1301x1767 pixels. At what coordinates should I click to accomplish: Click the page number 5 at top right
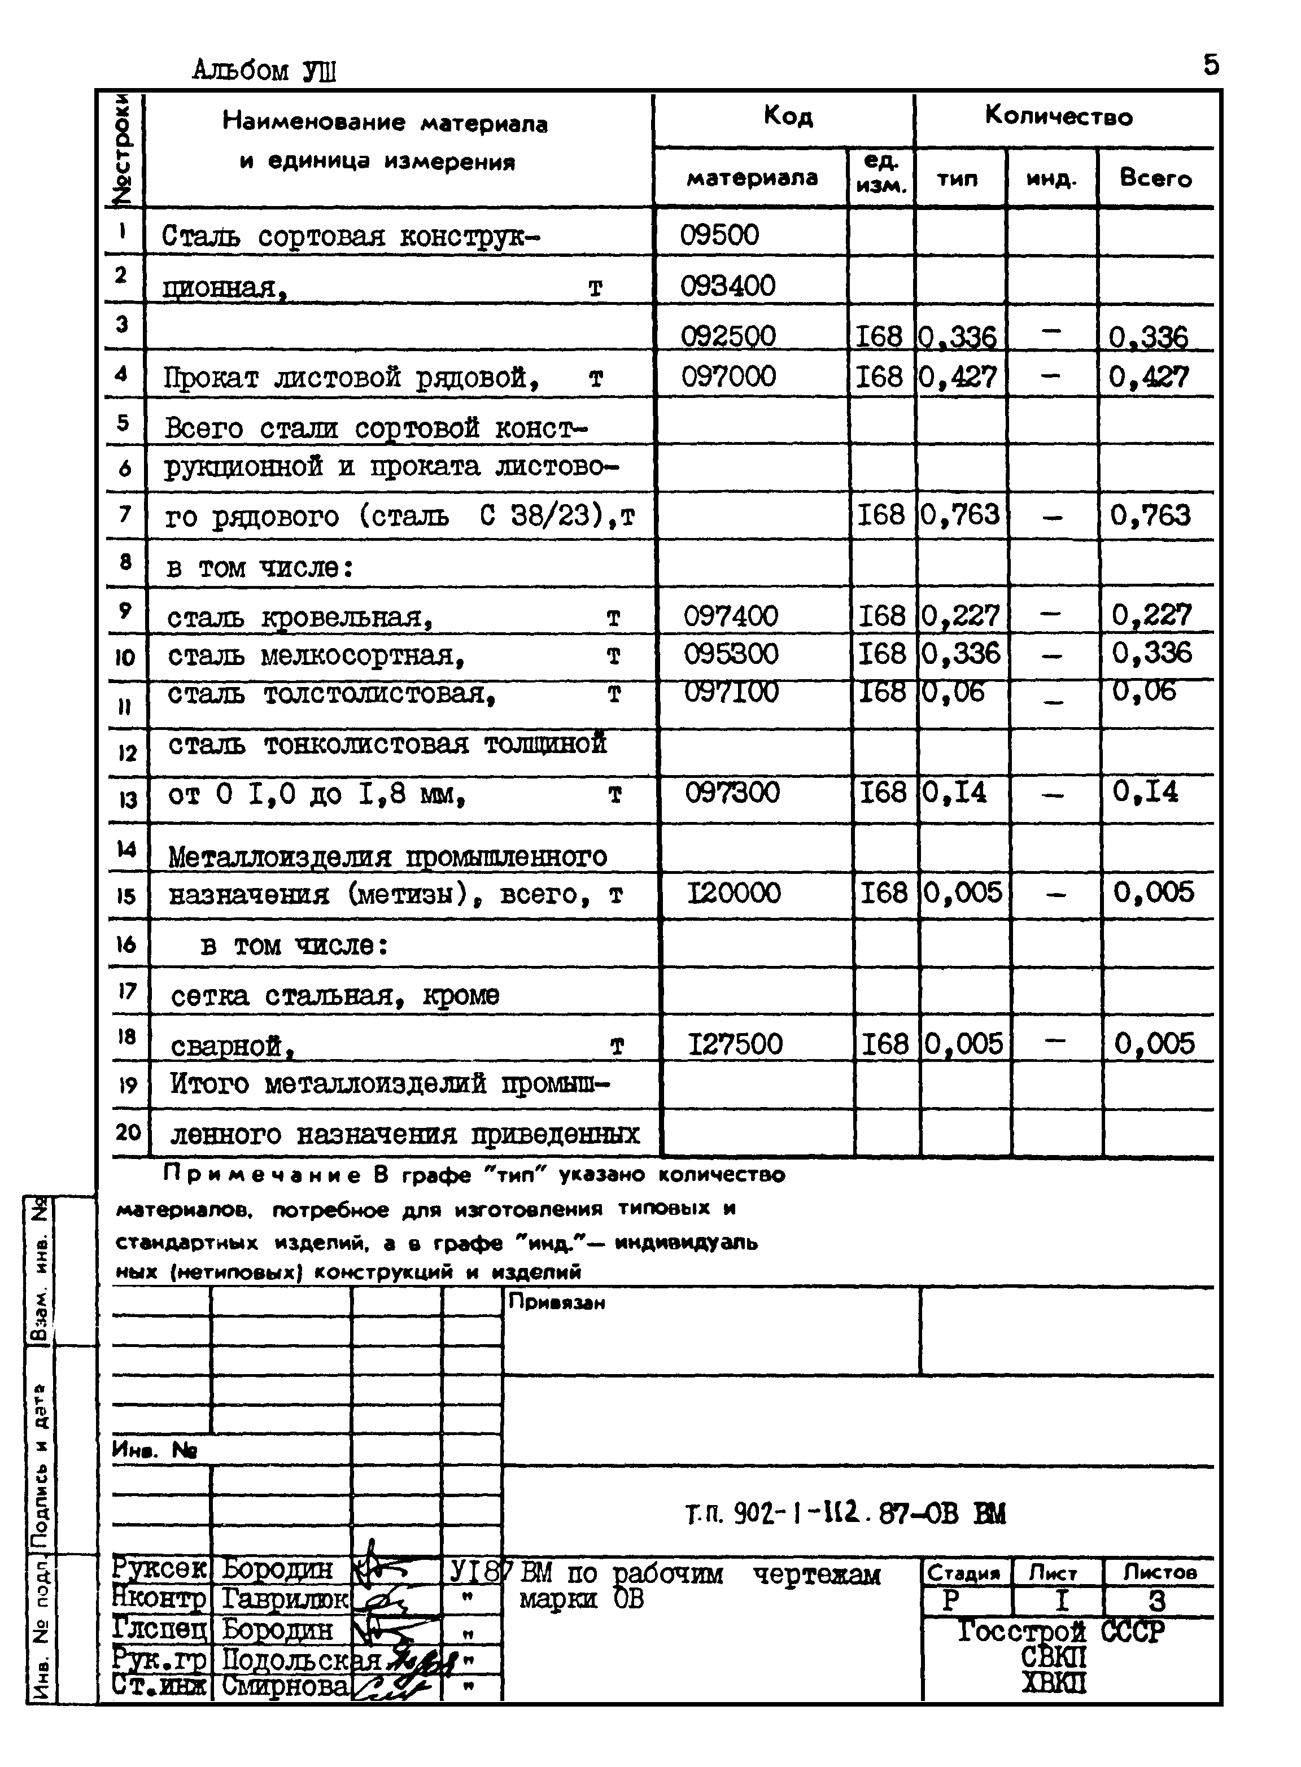point(1211,64)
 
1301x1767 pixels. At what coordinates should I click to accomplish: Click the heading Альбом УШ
point(264,72)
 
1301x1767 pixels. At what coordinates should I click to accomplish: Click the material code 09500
point(719,235)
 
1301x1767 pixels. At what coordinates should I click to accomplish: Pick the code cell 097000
point(728,377)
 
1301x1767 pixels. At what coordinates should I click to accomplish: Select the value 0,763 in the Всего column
point(1150,516)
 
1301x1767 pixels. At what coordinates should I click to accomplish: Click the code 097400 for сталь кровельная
point(730,615)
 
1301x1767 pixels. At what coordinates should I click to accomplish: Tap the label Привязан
point(556,1302)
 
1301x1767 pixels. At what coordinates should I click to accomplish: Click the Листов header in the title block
point(1159,1572)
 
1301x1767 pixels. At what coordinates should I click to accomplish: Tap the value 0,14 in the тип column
point(954,791)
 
